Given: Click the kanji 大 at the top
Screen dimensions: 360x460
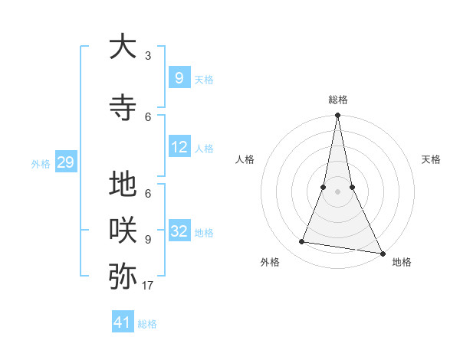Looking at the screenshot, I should pos(123,47).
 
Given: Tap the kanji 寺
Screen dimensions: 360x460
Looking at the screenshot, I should pos(123,107).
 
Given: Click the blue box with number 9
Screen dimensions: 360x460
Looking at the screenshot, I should pos(179,77).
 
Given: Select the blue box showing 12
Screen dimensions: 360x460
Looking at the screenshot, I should pos(179,147).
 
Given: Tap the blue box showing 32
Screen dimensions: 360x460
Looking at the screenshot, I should pos(179,231).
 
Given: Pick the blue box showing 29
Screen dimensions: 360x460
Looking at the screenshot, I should pos(65,162).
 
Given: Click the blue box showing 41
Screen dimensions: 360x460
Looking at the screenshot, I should pos(123,322).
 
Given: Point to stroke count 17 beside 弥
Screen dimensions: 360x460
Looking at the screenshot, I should pos(148,286).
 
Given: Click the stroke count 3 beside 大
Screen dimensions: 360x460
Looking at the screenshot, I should pos(148,56).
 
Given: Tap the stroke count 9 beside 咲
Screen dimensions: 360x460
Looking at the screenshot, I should pos(148,239).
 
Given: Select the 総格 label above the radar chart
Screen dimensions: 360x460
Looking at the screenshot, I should pos(337,100).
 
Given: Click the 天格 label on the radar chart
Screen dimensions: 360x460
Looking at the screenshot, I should pos(431,159).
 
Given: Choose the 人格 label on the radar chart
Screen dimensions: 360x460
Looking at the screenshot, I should pos(245,159).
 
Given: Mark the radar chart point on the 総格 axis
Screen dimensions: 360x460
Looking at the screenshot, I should pos(337,116).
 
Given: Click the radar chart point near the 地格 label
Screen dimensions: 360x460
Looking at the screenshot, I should pos(382,252).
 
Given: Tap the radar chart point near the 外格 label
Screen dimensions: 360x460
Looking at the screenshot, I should pos(302,242).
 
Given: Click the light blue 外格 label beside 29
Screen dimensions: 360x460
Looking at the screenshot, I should pos(41,163).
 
